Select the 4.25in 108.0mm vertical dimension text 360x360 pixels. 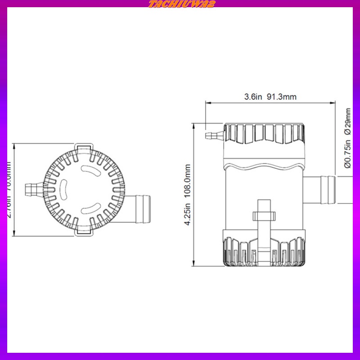point(188,194)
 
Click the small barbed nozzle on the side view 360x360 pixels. point(213,135)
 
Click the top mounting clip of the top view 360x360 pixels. point(84,148)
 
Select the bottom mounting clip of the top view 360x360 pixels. point(84,231)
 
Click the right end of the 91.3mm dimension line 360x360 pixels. point(335,103)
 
